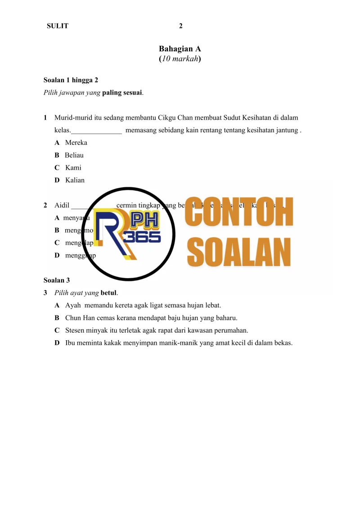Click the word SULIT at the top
pos(58,26)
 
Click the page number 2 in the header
pos(181,26)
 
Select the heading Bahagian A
pos(180,49)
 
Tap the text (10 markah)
pos(180,59)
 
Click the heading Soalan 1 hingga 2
pos(71,81)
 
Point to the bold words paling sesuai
pos(122,93)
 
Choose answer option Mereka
pos(76,143)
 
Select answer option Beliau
pos(74,155)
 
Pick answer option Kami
pos(73,168)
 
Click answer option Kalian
pos(75,180)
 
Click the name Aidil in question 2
pos(62,206)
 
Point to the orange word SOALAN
pos(239,252)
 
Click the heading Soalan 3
pos(57,280)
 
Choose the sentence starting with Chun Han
pos(151,318)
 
